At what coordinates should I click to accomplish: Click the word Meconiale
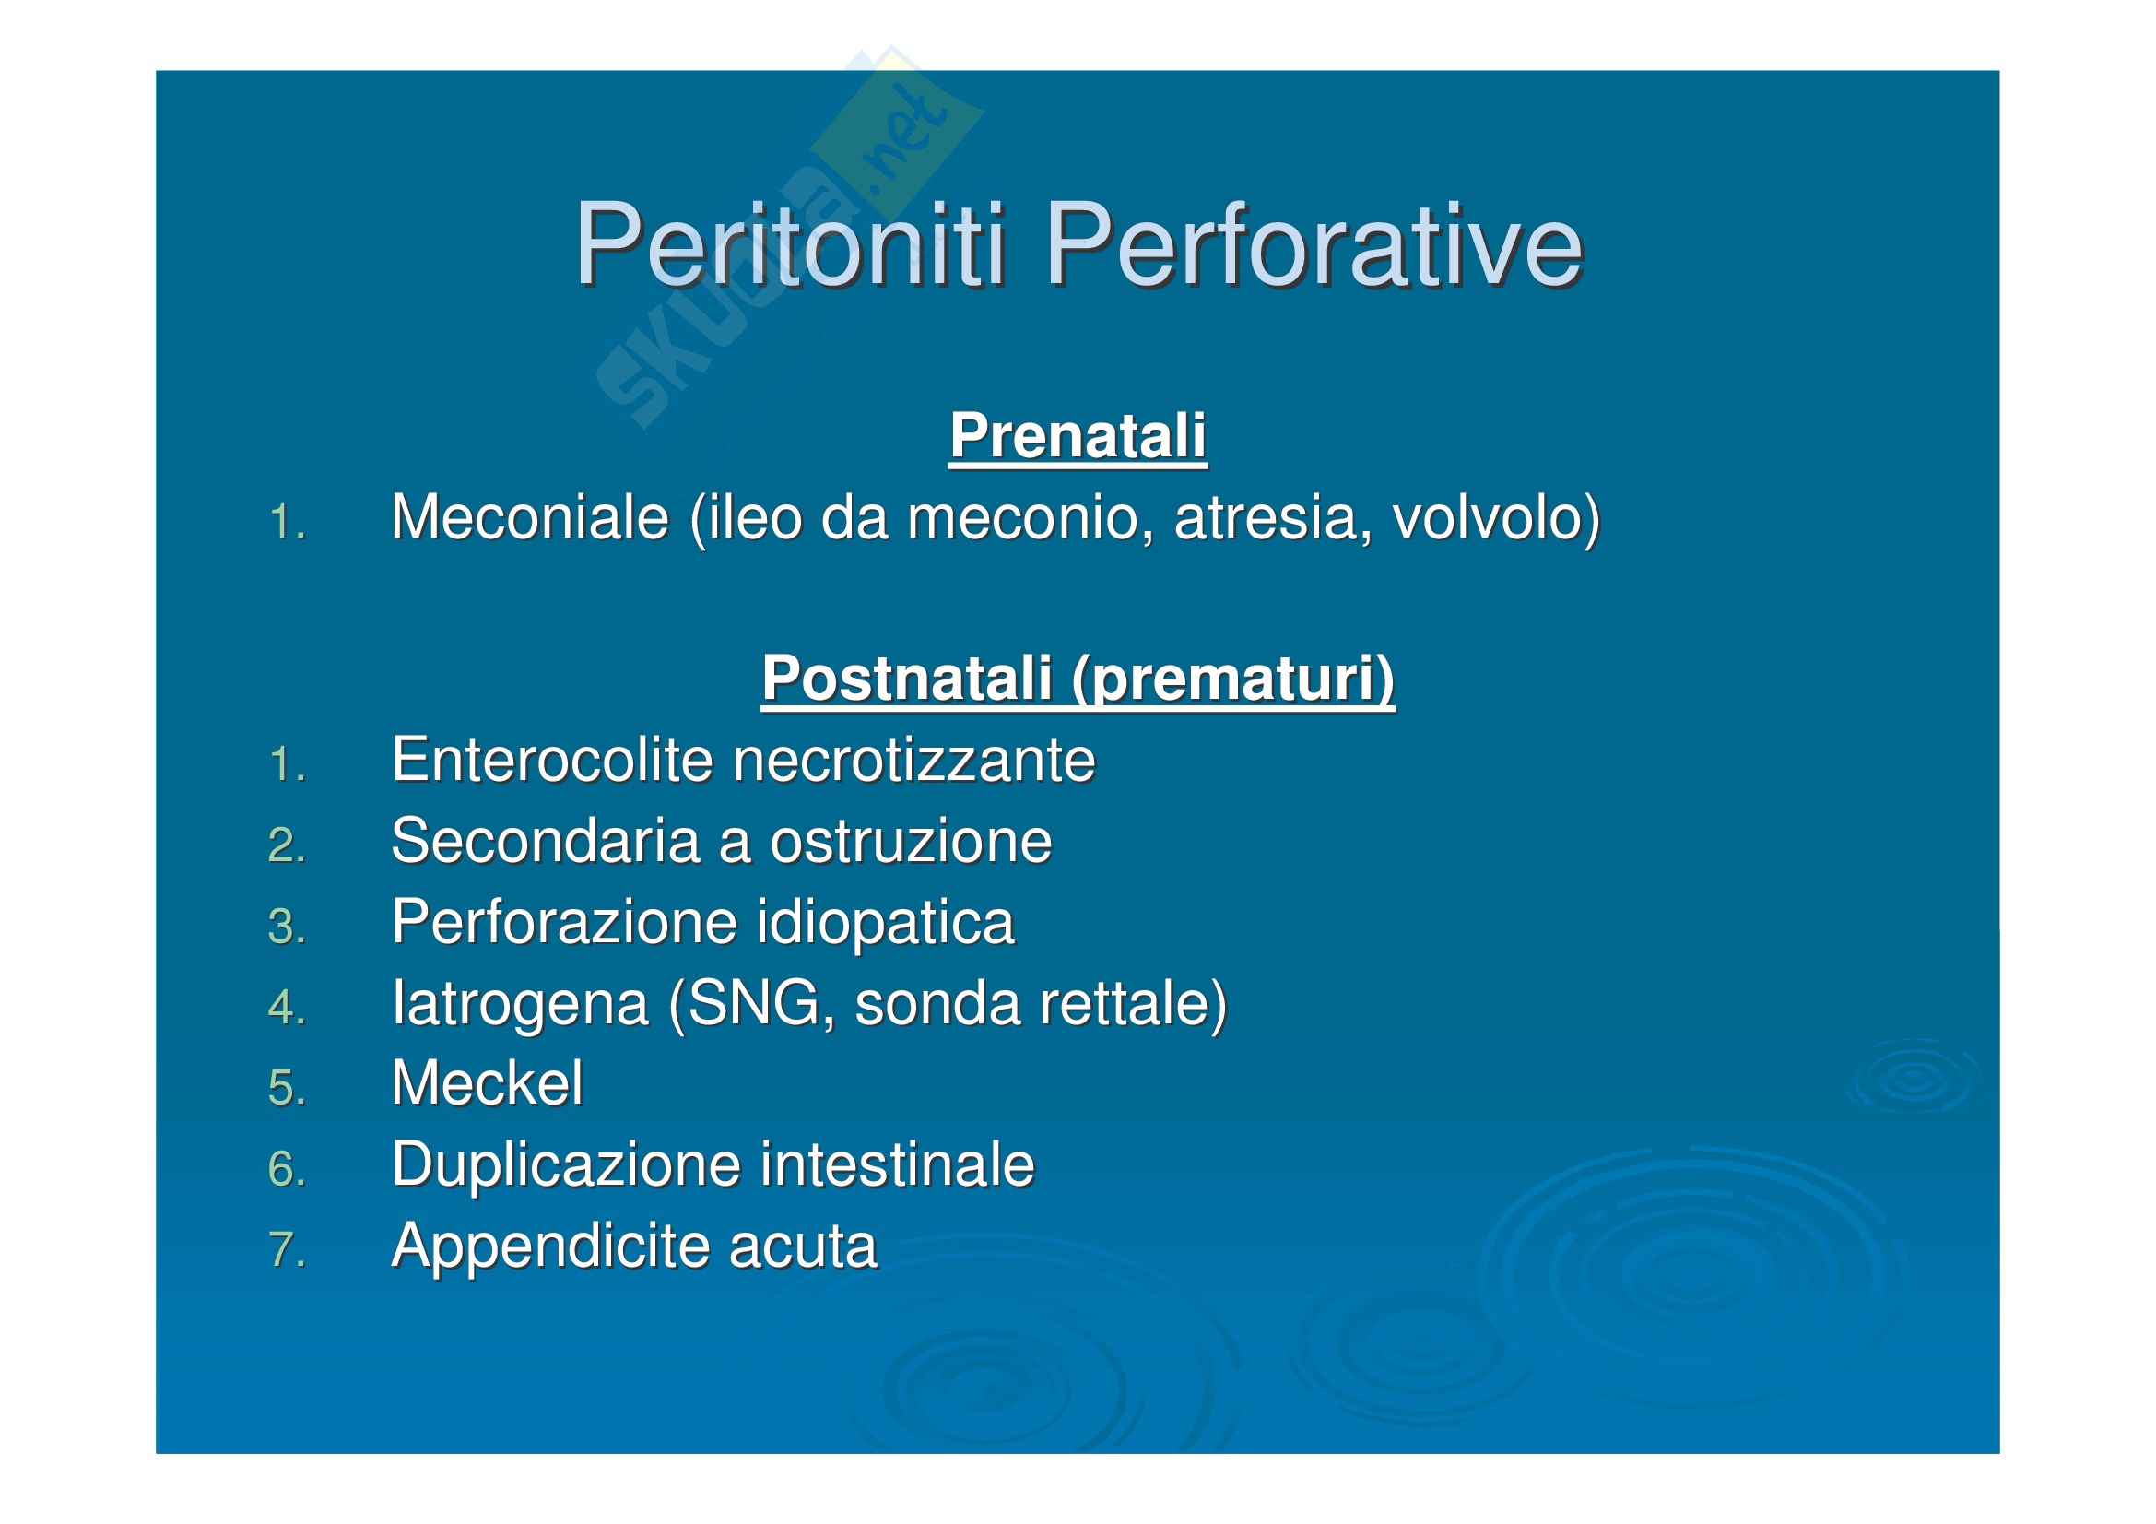pos(531,517)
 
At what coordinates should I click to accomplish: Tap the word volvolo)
pos(1497,519)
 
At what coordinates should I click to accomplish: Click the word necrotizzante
pos(913,761)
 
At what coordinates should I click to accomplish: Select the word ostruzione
pos(911,842)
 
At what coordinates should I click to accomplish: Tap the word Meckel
pos(488,1083)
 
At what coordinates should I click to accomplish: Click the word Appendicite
pos(550,1247)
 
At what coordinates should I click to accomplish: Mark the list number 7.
pos(288,1250)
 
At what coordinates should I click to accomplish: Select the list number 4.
pos(288,1008)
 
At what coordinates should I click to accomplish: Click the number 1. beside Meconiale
pos(288,522)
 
